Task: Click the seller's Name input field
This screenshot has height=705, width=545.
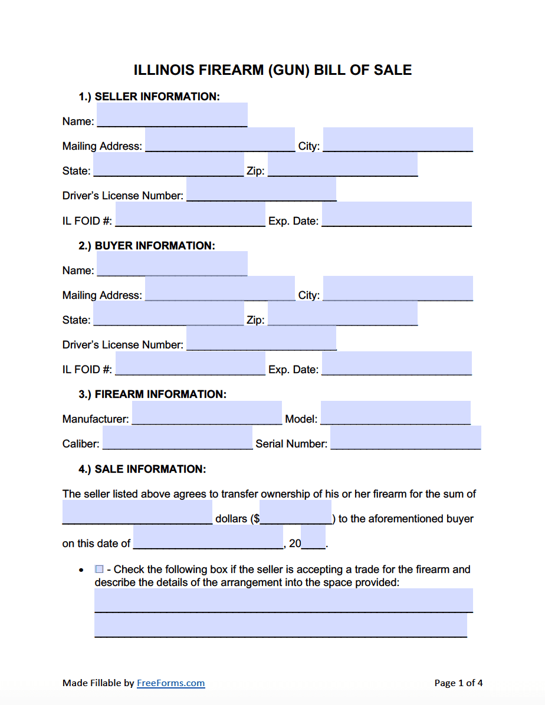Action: click(172, 115)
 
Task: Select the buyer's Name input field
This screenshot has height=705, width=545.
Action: click(172, 263)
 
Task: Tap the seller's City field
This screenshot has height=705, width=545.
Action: click(398, 140)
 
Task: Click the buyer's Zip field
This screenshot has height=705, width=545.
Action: click(342, 313)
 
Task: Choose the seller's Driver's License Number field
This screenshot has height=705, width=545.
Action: click(261, 189)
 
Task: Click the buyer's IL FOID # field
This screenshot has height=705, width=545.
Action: click(190, 363)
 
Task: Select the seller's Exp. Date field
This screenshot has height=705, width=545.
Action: click(396, 214)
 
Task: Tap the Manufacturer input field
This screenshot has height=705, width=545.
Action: click(206, 413)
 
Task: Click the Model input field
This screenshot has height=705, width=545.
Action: click(395, 413)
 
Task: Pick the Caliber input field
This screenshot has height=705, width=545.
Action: click(177, 437)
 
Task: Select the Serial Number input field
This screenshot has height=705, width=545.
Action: click(405, 437)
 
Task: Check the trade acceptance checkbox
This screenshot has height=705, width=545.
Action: click(99, 569)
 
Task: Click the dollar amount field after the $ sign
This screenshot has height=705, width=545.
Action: click(295, 512)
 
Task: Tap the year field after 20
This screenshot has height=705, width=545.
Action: click(313, 537)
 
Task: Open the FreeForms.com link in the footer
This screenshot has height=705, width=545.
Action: click(170, 683)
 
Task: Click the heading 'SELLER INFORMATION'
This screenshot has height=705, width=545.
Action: click(157, 97)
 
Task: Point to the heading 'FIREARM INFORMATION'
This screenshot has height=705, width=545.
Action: click(160, 394)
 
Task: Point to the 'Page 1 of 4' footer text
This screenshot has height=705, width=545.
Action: click(458, 683)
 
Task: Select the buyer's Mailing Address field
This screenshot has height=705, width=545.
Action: click(220, 288)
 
